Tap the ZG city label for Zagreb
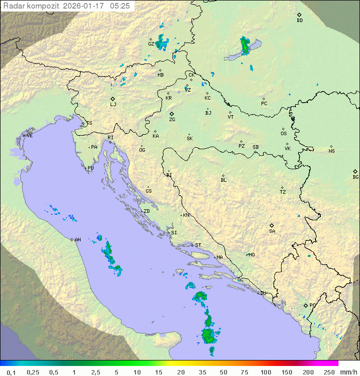pos(172,120)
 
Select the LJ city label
pos(113,105)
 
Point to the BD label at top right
pos(299,21)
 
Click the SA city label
pos(272,231)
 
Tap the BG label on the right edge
pos(355,177)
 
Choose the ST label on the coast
pos(198,245)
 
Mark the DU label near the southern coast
pos(262,293)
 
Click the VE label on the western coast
pos(29,136)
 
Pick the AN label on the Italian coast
pos(77,240)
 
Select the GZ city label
pos(151,44)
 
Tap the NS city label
pos(331,151)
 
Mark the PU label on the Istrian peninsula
pos(90,168)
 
